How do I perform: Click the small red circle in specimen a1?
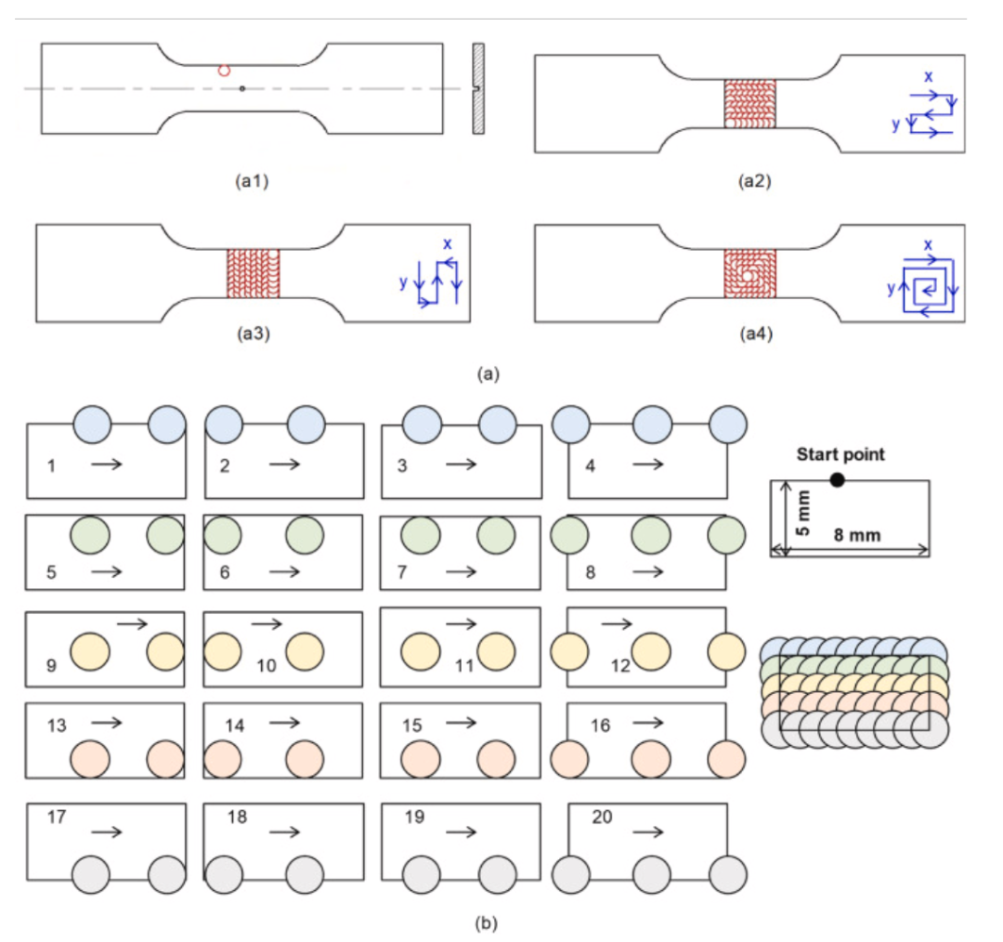[224, 70]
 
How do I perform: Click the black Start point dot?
[838, 479]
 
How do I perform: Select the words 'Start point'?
[840, 454]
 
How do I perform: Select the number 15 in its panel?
[410, 725]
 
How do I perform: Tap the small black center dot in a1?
[241, 89]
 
